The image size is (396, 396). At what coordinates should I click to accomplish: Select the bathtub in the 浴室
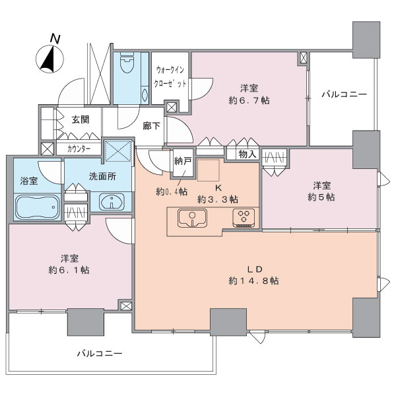[38, 207]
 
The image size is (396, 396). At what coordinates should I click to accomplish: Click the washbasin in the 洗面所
[112, 202]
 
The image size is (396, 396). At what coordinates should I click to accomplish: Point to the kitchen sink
[193, 218]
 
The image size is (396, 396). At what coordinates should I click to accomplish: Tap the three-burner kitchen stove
[244, 218]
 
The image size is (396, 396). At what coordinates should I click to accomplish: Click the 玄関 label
[81, 119]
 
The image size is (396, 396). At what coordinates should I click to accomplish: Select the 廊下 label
[151, 125]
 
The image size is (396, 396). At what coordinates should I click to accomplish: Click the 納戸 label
[183, 161]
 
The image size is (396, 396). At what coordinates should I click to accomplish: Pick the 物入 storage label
[247, 154]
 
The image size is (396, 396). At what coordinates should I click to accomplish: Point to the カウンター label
[79, 149]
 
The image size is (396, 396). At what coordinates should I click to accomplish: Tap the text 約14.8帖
[253, 280]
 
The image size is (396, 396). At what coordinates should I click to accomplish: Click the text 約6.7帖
[249, 100]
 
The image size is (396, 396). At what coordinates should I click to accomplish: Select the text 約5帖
[321, 197]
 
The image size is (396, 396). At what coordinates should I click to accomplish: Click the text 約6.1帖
[69, 270]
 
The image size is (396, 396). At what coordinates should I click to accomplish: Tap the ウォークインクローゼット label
[170, 77]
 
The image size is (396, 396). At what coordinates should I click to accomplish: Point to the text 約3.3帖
[218, 199]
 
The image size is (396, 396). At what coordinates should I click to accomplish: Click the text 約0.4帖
[172, 192]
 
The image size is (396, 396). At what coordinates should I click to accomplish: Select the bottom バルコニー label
[100, 353]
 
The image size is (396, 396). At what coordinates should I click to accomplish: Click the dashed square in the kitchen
[209, 170]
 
